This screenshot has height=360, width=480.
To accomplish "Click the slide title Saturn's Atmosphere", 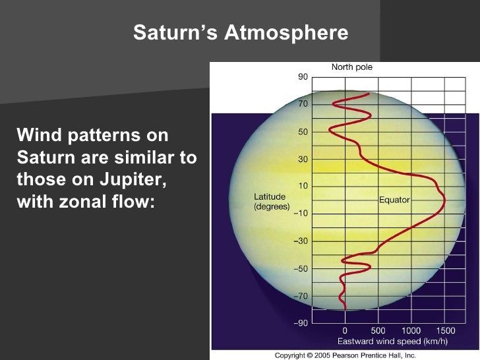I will click(241, 32).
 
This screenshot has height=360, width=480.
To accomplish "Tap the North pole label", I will click(351, 67).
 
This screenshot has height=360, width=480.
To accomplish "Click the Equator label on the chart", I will click(394, 200).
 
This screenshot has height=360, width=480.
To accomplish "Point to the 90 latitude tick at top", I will click(303, 76).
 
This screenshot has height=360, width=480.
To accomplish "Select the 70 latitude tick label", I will click(303, 104).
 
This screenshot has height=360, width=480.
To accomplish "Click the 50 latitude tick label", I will click(303, 132).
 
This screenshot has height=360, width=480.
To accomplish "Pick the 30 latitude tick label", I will click(303, 159).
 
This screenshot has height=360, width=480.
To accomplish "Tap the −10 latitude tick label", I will click(301, 214).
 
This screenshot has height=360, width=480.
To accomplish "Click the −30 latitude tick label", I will click(301, 241).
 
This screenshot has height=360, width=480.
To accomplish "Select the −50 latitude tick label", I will click(301, 269).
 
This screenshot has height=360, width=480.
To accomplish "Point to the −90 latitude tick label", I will click(301, 324).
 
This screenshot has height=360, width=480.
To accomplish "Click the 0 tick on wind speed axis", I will click(345, 330).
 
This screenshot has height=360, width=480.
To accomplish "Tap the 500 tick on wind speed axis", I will click(378, 330).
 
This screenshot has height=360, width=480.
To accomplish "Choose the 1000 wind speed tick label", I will click(411, 330).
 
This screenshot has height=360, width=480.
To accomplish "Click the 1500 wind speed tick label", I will click(446, 330).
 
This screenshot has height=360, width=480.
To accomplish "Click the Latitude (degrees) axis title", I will click(270, 202).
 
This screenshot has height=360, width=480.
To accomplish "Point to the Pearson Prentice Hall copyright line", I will click(345, 355).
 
